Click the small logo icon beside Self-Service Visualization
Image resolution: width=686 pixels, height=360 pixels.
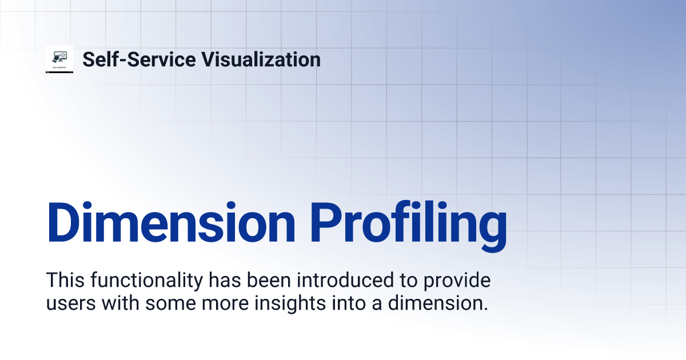click(x=59, y=59)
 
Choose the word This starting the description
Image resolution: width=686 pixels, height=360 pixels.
click(x=63, y=281)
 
